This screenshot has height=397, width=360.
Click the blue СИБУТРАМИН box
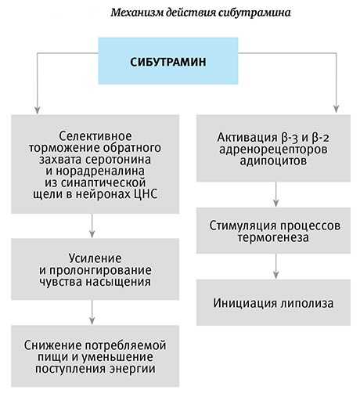click(168, 61)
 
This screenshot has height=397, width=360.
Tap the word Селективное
click(95, 136)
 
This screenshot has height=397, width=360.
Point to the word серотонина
click(118, 160)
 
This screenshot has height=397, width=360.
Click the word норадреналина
click(100, 171)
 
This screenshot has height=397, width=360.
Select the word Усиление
click(95, 258)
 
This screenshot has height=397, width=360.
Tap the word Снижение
click(53, 345)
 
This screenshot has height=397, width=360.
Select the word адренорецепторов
click(273, 150)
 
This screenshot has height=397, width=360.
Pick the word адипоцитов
click(273, 161)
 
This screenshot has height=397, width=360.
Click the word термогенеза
click(273, 237)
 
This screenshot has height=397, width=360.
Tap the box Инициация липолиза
click(273, 303)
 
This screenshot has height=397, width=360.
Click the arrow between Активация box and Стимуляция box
click(276, 194)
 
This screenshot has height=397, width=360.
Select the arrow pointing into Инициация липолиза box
click(276, 266)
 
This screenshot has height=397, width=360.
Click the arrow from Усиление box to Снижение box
click(92, 312)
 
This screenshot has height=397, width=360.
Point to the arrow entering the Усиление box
click(92, 226)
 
